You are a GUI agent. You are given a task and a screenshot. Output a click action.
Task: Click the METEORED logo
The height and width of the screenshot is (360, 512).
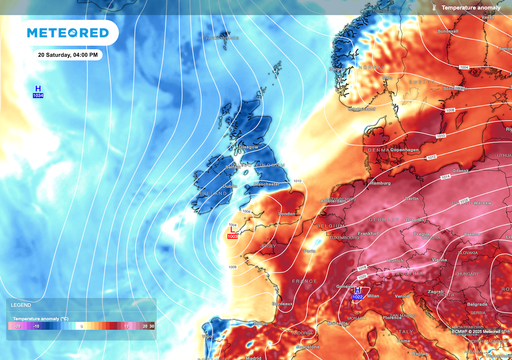(x=70, y=34)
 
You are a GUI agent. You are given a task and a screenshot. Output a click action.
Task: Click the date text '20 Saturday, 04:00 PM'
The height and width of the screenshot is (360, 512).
(x=68, y=54)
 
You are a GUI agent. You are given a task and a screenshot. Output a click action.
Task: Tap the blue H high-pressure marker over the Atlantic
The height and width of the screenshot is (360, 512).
(x=38, y=92)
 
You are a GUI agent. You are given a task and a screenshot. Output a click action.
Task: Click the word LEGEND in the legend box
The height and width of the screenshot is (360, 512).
(x=20, y=304)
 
